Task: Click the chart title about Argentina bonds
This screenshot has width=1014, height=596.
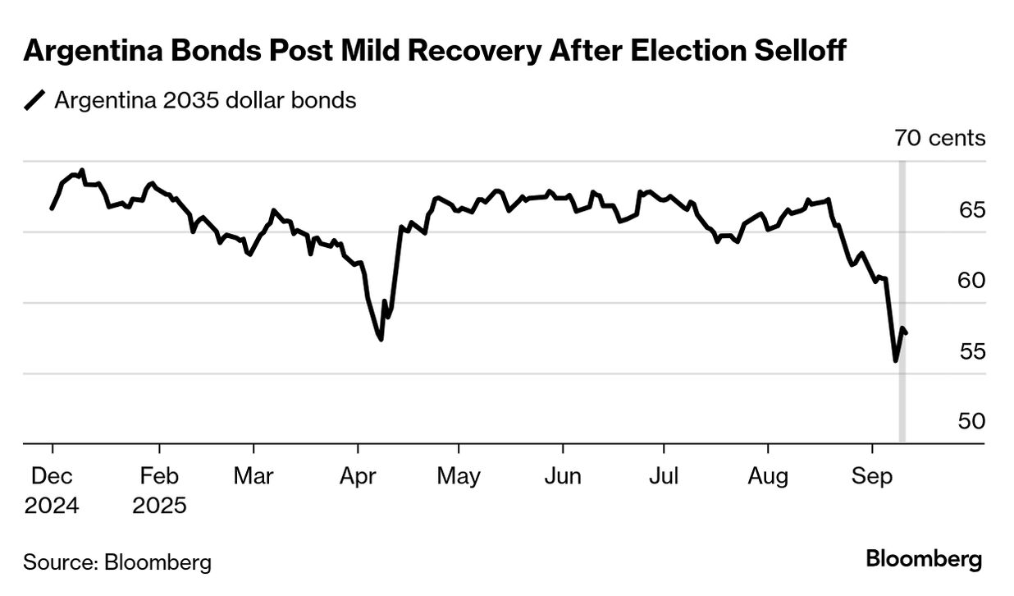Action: point(435,52)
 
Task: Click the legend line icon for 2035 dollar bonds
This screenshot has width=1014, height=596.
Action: point(35,101)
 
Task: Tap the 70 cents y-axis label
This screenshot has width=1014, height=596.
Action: point(939,138)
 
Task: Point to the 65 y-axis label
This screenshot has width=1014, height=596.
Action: point(971,209)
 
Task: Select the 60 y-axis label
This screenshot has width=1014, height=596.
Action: point(971,280)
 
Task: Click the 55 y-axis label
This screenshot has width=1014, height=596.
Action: point(971,351)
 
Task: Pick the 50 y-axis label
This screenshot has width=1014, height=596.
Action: point(971,421)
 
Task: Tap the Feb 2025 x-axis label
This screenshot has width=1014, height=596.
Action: point(159,490)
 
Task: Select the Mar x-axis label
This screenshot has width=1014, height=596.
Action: point(253,477)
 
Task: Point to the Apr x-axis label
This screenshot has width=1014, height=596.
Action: point(357,477)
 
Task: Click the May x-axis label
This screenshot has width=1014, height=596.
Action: point(459,477)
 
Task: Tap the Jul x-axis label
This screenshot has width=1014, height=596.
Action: point(663,477)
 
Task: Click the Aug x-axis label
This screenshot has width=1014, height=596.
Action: point(768,477)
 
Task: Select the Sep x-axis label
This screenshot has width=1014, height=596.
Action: point(871,477)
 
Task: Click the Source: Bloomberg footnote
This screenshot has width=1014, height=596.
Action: point(117,562)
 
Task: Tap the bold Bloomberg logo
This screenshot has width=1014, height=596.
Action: point(924,560)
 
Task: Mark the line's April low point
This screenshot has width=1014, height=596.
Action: point(381,339)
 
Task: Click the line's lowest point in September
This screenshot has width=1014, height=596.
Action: point(895,360)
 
